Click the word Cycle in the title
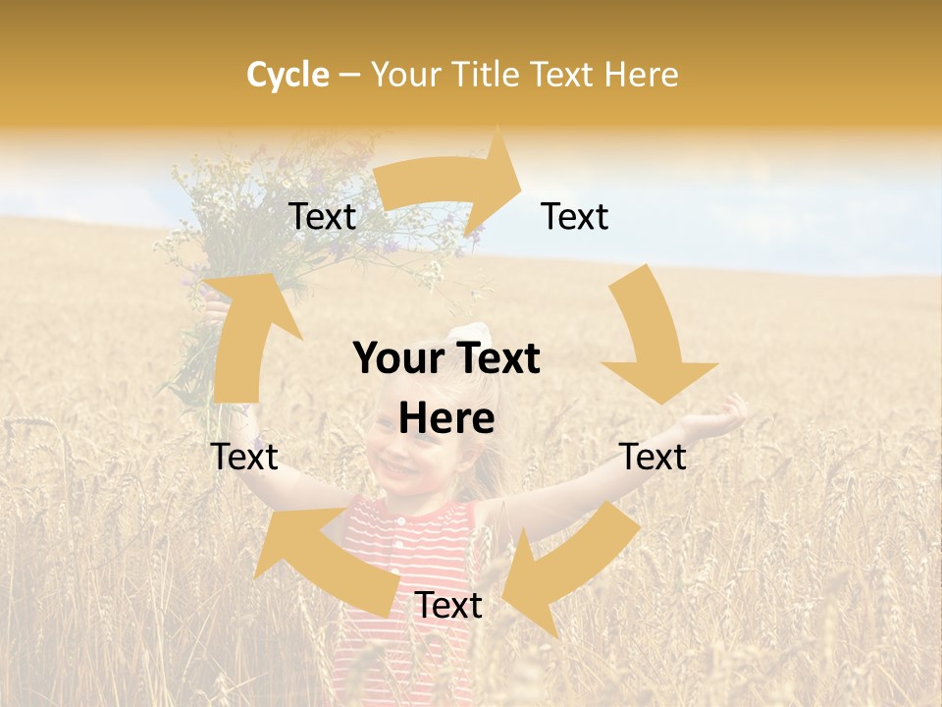(x=288, y=75)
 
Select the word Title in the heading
(x=488, y=75)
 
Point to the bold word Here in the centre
(x=446, y=419)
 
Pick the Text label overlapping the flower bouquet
(x=322, y=217)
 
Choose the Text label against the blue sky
(x=575, y=217)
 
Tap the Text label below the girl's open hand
(x=653, y=457)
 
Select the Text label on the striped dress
(x=448, y=606)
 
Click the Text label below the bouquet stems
(x=245, y=457)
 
